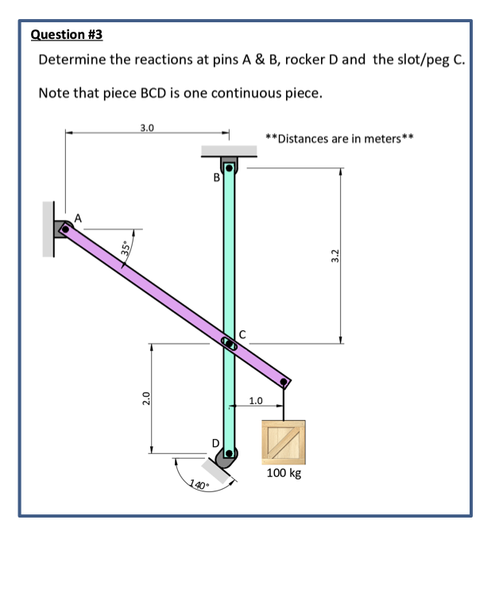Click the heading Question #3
pos(66,34)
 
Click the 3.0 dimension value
pos(148,126)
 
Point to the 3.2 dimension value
pos(335,255)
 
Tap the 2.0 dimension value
pos(144,398)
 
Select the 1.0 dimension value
pos(257,399)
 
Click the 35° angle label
pos(126,248)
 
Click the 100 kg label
pos(284,473)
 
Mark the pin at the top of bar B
pos(230,168)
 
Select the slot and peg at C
pos(229,343)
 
